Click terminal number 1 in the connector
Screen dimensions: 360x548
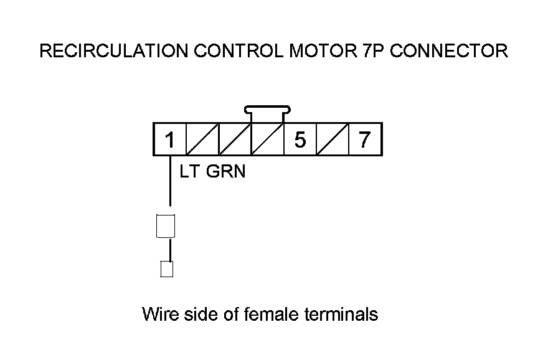(169, 140)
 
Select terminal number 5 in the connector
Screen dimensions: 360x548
(300, 140)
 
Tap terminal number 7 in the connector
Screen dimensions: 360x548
(365, 140)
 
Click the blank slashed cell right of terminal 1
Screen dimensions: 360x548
(202, 140)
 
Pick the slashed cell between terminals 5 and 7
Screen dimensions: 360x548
(333, 140)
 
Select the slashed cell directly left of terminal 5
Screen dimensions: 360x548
(267, 140)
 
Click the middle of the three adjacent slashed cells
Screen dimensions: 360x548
(235, 140)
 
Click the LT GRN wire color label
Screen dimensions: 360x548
(212, 172)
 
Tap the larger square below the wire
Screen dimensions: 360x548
(166, 225)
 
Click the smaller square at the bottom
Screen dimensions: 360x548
(166, 268)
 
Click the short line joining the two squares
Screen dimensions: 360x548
(166, 249)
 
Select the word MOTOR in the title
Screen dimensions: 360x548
(320, 51)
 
